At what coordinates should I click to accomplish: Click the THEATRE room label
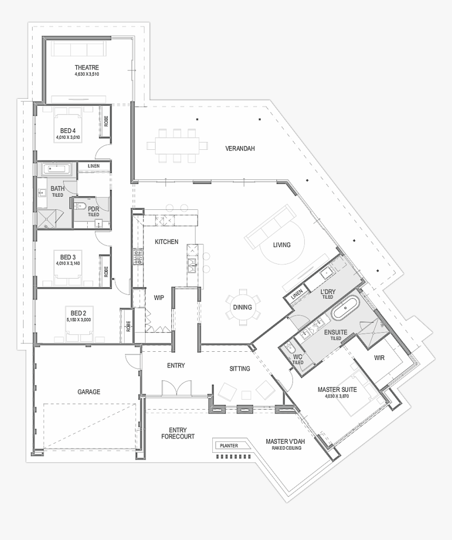tap(87, 68)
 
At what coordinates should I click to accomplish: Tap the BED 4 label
tap(68, 130)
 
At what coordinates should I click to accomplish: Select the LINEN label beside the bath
tap(94, 166)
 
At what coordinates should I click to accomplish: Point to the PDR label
tap(94, 209)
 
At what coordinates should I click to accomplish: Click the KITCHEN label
tap(166, 242)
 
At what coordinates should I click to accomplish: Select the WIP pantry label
tap(159, 297)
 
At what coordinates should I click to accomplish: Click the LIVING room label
tap(281, 245)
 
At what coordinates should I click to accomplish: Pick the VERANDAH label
tap(240, 149)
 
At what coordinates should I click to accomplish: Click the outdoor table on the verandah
tap(177, 144)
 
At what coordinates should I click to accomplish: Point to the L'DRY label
tap(328, 292)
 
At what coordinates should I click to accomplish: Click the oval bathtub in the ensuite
tap(345, 310)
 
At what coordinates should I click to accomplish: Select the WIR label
tap(379, 358)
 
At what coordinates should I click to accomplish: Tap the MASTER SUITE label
tap(337, 390)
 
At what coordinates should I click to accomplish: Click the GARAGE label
tap(88, 392)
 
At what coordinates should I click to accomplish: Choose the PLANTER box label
tap(229, 446)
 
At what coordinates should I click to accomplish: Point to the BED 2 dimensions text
tap(78, 319)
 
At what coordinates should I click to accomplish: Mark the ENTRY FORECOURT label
tap(178, 433)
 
